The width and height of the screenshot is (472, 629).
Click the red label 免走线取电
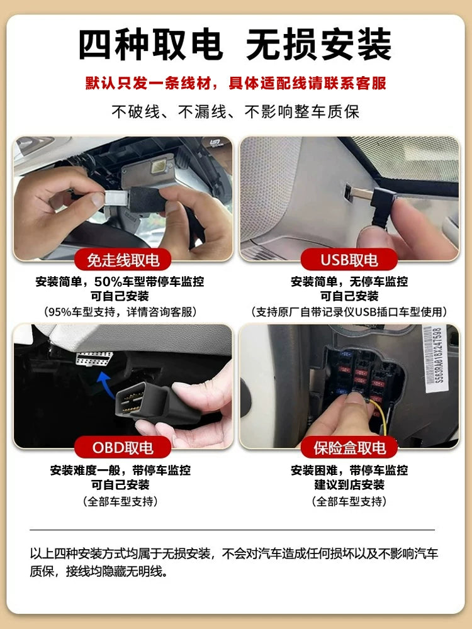coord(118,259)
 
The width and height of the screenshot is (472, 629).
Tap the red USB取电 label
coord(349,259)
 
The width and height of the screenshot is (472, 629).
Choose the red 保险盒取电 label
coord(349,448)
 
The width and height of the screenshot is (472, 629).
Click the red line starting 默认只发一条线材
coord(236,82)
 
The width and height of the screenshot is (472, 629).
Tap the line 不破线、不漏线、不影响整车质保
coord(236,112)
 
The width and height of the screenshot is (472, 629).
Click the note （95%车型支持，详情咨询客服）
coord(120,312)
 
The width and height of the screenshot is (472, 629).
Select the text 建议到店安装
coord(349,485)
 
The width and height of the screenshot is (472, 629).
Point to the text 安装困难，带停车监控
coord(349,470)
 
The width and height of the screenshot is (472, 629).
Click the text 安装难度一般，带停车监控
coord(120,470)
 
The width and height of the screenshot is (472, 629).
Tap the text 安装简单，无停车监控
coord(349,281)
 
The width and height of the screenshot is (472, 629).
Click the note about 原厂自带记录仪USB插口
coord(349,312)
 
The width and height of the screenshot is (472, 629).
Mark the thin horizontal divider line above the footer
coord(236,530)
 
